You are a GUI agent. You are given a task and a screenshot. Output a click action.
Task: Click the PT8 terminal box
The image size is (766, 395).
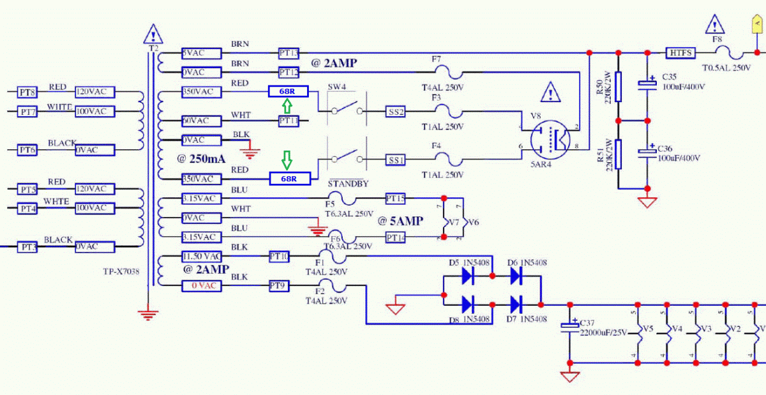[27, 92]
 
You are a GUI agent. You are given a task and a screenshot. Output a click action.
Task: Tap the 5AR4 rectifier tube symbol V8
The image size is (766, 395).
[550, 140]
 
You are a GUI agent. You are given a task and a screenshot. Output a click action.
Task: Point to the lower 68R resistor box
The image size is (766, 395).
[289, 179]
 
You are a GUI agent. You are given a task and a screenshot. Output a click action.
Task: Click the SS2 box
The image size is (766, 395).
[396, 112]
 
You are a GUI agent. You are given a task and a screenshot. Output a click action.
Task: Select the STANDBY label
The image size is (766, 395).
[349, 184]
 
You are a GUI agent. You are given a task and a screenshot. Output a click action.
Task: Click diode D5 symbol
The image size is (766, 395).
[468, 276]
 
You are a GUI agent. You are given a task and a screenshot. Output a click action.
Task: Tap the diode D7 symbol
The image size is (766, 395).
[515, 302]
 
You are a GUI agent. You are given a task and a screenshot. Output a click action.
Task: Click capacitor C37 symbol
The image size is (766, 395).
[569, 327]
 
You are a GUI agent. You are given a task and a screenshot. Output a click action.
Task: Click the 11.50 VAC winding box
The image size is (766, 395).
[202, 256]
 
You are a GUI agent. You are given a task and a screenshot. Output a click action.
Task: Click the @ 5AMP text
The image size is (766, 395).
[400, 221]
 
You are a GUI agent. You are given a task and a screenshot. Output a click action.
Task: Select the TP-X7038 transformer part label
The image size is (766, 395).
[121, 271]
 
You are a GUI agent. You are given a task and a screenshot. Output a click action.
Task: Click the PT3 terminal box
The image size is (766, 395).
[27, 246]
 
